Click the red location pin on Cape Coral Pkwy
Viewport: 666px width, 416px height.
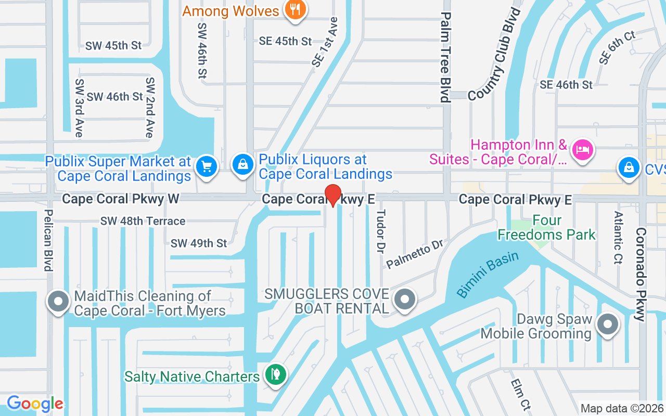coord(333,195)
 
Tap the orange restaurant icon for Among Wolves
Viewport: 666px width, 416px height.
coord(295,10)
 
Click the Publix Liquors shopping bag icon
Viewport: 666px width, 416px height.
coord(242,165)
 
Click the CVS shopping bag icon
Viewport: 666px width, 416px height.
coord(629,167)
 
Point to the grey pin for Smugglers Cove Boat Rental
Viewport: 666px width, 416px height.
coord(405,300)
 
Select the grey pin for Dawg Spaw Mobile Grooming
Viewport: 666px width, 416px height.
coord(607,324)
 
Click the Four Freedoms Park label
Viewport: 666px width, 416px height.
coord(546,228)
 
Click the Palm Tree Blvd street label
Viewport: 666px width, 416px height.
coord(445,57)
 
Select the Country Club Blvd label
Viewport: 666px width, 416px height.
coord(495,55)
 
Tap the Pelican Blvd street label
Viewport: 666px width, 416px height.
coord(48,240)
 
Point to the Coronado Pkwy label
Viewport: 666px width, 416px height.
coord(641,274)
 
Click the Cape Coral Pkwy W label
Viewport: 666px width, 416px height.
coord(120,199)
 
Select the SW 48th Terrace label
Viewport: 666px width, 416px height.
coord(143,221)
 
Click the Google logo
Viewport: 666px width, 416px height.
coord(35,403)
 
